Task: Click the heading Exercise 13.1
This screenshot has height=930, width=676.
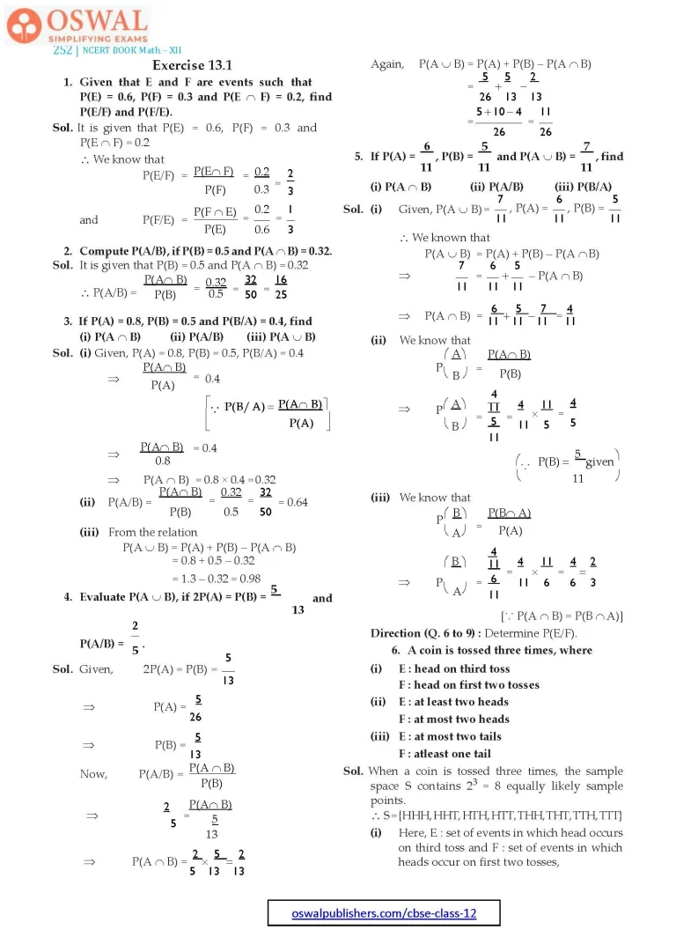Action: (x=191, y=66)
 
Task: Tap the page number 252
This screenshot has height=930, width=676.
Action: (x=62, y=50)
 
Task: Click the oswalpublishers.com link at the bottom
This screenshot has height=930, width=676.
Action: (x=384, y=913)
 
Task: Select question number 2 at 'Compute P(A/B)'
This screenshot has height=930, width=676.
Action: (x=68, y=251)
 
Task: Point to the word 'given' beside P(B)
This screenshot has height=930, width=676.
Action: (x=599, y=462)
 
